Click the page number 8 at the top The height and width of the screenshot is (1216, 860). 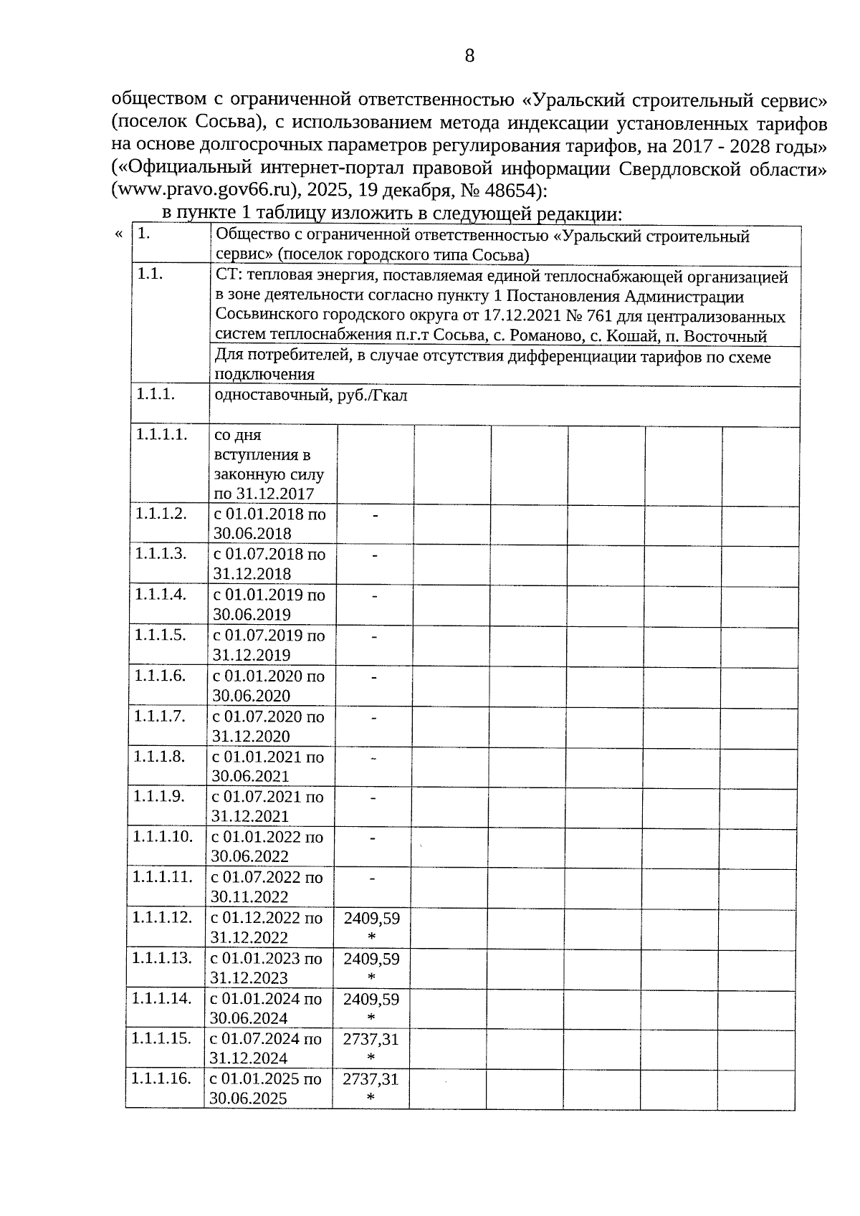pyautogui.click(x=469, y=56)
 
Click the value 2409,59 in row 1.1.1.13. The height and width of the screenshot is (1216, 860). pyautogui.click(x=371, y=959)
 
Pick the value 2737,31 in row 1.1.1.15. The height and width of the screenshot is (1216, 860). pyautogui.click(x=371, y=1039)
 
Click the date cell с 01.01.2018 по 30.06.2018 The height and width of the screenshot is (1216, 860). pyautogui.click(x=269, y=524)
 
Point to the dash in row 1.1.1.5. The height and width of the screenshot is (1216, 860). pyautogui.click(x=374, y=636)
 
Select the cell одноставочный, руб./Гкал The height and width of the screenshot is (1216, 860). pyautogui.click(x=311, y=395)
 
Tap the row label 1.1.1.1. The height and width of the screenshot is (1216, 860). pyautogui.click(x=162, y=434)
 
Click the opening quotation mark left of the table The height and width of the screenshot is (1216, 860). pyautogui.click(x=119, y=234)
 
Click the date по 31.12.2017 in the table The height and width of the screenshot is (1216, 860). pyautogui.click(x=264, y=494)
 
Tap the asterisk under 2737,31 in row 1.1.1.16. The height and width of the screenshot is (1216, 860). pyautogui.click(x=371, y=1098)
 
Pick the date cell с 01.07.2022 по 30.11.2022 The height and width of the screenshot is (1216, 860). pyautogui.click(x=267, y=887)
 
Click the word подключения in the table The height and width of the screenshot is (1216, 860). pyautogui.click(x=264, y=374)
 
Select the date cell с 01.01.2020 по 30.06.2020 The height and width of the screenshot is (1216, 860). pyautogui.click(x=269, y=686)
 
